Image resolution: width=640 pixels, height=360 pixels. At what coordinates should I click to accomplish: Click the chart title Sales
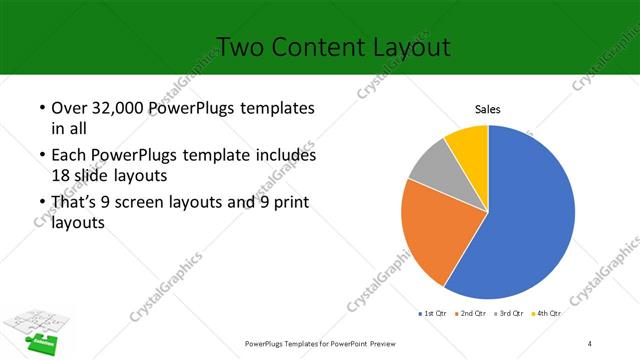(487, 110)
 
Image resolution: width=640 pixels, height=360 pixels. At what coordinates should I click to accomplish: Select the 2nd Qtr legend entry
(472, 313)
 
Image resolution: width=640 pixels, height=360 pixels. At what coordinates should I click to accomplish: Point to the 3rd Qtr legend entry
(512, 313)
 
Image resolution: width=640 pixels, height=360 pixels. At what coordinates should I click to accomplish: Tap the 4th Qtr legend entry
(547, 313)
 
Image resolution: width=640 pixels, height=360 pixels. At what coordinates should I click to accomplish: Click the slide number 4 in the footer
(590, 344)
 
